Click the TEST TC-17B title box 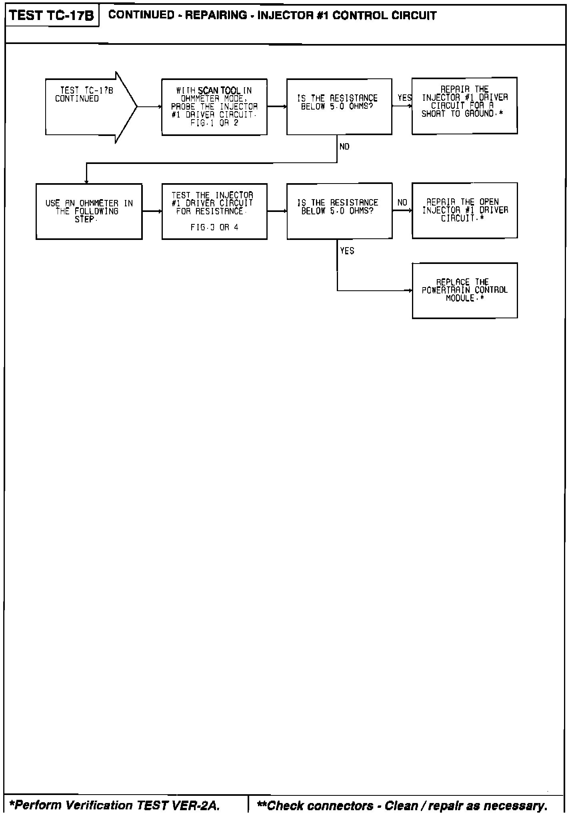point(52,16)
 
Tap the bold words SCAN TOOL point(220,91)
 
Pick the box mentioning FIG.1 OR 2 point(214,107)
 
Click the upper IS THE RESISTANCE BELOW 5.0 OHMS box point(339,106)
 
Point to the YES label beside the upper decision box point(404,98)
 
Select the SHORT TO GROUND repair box point(464,106)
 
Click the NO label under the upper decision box point(344,147)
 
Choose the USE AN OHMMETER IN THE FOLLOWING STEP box point(89,212)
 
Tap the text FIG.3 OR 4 point(214,227)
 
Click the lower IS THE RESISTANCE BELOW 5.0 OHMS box point(339,211)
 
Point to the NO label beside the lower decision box point(402,203)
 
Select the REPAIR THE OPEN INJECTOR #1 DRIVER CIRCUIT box point(465,210)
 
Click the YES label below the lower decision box point(347,251)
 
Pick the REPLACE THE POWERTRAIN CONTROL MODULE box point(465,290)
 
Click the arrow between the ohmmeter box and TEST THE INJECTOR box point(152,211)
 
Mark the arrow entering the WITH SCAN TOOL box point(150,107)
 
